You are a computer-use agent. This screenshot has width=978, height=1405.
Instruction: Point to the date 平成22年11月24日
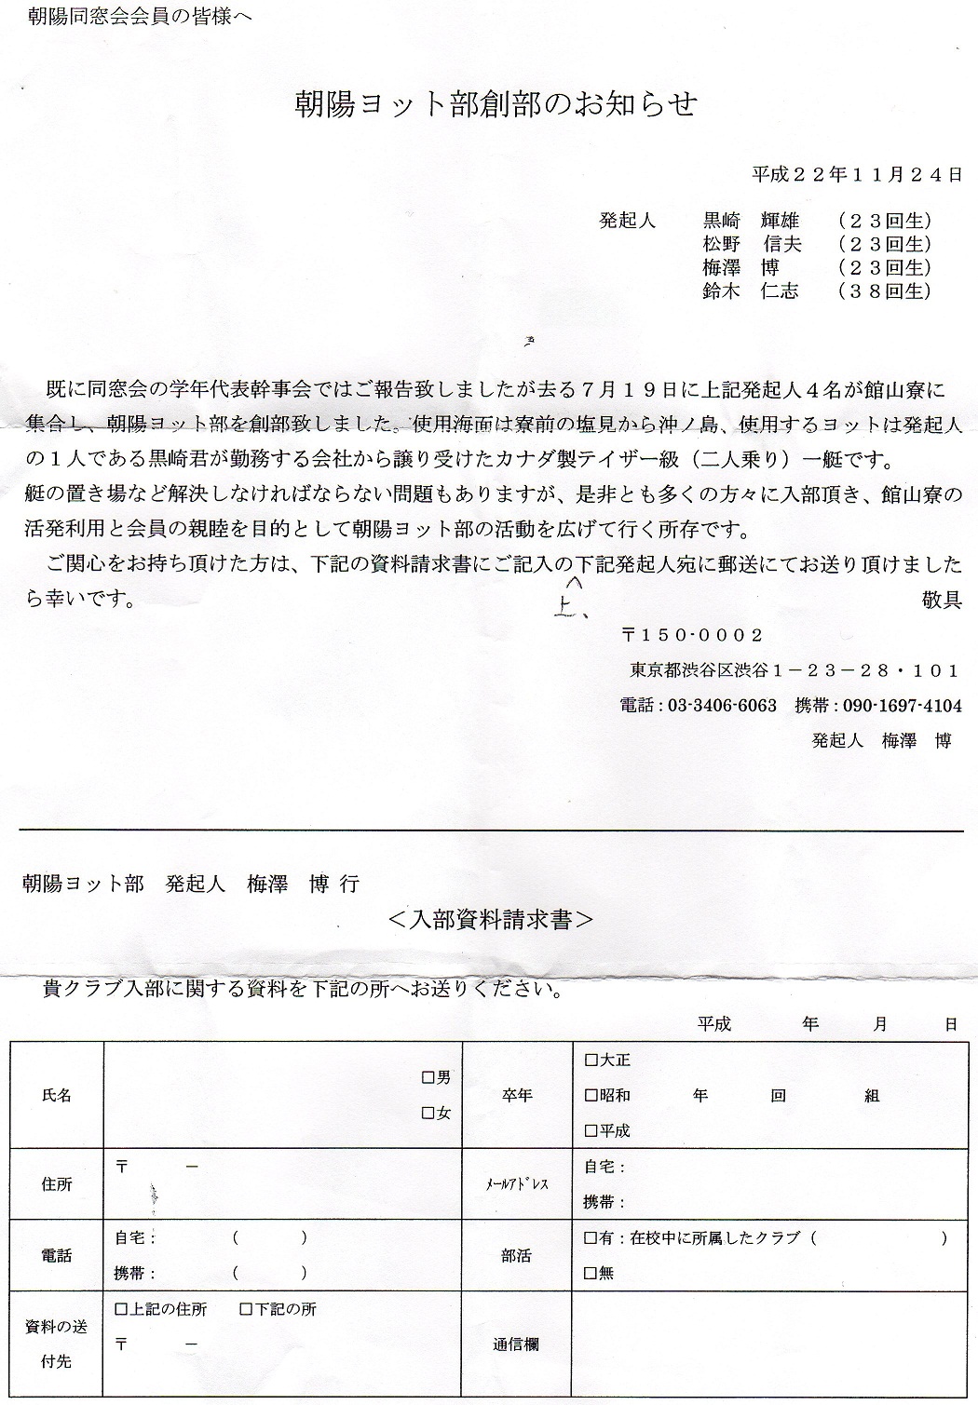[x=856, y=174]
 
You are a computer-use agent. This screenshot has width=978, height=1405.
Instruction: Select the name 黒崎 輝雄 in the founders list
[x=751, y=222]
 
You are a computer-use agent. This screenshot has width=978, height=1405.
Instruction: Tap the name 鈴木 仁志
[x=751, y=291]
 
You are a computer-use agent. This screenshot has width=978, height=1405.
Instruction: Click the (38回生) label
[x=884, y=291]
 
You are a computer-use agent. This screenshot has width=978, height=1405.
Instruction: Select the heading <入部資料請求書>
[x=489, y=920]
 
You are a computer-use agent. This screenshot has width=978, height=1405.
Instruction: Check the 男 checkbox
[x=428, y=1078]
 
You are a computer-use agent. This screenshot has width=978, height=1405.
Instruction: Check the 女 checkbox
[x=428, y=1113]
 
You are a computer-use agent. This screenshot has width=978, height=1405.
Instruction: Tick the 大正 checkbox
[x=591, y=1060]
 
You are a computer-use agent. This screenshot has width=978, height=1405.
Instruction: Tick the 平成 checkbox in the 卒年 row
[x=591, y=1130]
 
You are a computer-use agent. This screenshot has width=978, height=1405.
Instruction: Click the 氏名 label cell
[x=57, y=1096]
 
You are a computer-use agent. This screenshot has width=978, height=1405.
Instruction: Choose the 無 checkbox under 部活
[x=591, y=1273]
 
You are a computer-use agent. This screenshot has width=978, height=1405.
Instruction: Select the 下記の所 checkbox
[x=247, y=1309]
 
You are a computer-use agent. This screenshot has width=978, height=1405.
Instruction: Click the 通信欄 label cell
[x=516, y=1344]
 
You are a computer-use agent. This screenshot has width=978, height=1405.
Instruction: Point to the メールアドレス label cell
[x=516, y=1184]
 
